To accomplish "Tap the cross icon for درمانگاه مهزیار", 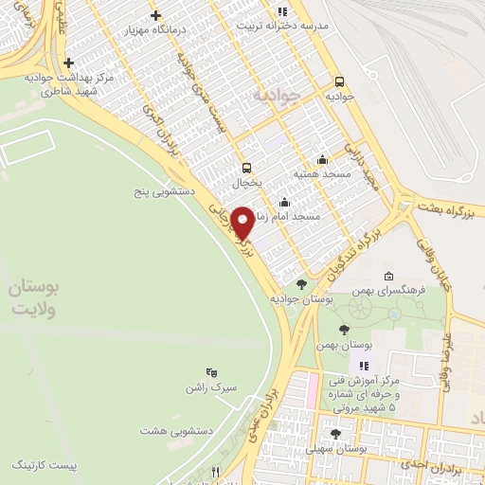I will tap(155, 15).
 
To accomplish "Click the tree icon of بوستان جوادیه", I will tap(300, 283).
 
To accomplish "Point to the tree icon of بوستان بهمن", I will tap(343, 330).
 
